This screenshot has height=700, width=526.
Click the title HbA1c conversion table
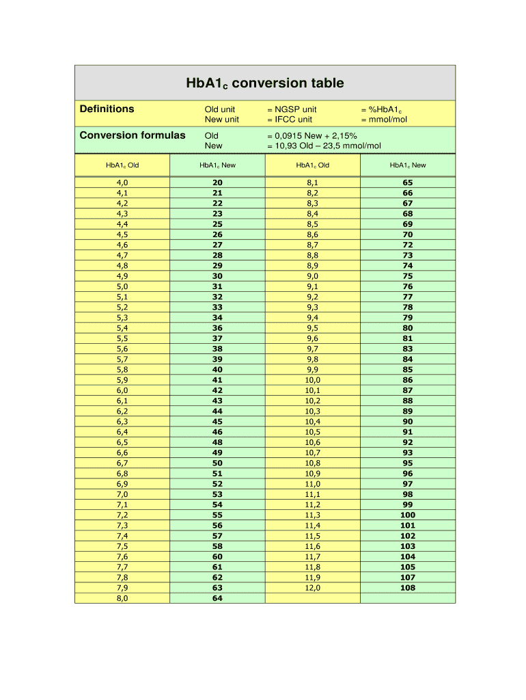(265, 83)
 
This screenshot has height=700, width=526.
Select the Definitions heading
(107, 109)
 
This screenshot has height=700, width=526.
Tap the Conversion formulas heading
(133, 135)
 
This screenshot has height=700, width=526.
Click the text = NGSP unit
(292, 109)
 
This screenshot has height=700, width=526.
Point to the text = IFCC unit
(290, 120)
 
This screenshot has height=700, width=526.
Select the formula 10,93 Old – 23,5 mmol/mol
(324, 146)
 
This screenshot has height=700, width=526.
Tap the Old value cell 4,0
(122, 183)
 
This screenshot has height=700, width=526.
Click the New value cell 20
(217, 183)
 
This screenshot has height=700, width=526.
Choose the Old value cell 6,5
(122, 442)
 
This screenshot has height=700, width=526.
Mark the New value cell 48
(217, 442)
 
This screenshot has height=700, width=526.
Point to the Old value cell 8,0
(122, 598)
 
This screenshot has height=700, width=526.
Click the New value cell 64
(217, 598)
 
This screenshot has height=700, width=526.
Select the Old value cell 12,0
(313, 588)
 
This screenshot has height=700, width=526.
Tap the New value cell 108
(408, 588)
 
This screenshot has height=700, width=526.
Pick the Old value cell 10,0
(313, 380)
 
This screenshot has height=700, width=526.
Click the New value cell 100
(408, 515)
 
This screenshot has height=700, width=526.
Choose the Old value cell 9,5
(313, 328)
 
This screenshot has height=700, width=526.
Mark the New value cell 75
(408, 276)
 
